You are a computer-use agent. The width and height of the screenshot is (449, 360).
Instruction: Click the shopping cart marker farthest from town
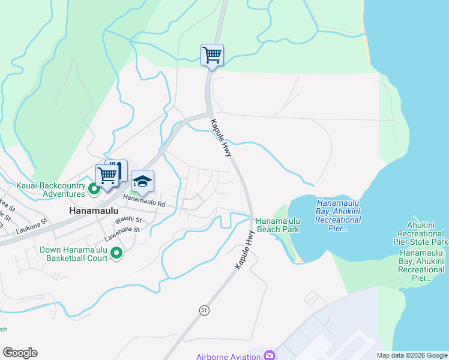tap(212, 55)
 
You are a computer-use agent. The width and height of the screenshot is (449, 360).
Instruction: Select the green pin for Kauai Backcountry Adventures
tap(94, 190)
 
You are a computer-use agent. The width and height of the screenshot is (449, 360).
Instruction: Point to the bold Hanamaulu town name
tap(92, 212)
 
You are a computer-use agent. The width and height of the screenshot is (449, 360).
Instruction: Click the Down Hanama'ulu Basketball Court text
tap(74, 254)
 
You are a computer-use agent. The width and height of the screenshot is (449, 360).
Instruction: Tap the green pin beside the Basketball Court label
tap(116, 254)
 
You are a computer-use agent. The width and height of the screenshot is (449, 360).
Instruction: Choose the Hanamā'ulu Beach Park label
tap(277, 225)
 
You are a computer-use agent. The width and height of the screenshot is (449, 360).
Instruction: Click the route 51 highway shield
tap(205, 310)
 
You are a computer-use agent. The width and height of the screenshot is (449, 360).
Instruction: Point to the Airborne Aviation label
tap(228, 356)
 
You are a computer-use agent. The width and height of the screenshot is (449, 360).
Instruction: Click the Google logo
tap(20, 353)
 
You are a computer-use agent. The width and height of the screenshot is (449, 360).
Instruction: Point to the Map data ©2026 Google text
tap(411, 355)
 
